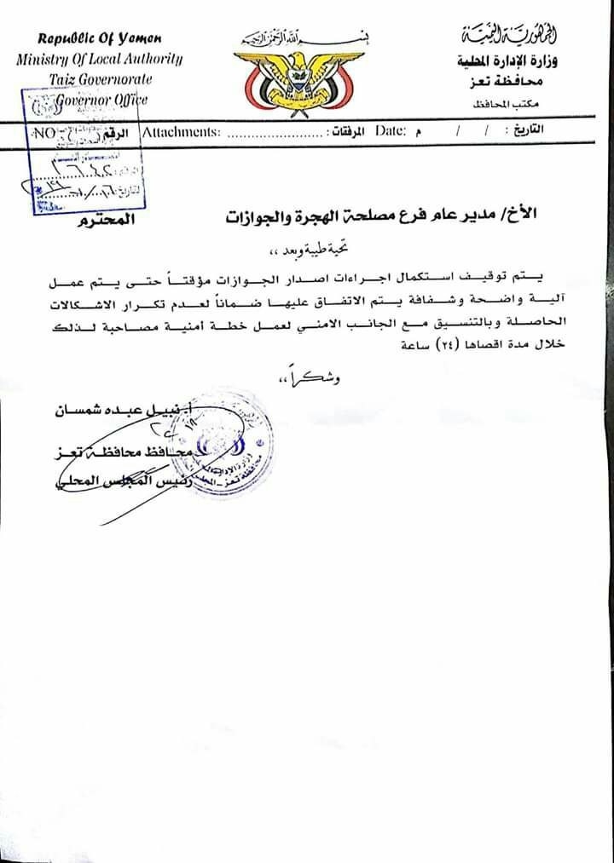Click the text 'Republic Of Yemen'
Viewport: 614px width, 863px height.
point(100,39)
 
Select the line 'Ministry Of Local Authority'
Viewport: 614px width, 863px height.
point(99,59)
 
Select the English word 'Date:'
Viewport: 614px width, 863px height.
point(390,132)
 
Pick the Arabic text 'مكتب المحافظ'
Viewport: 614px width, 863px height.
point(509,103)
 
